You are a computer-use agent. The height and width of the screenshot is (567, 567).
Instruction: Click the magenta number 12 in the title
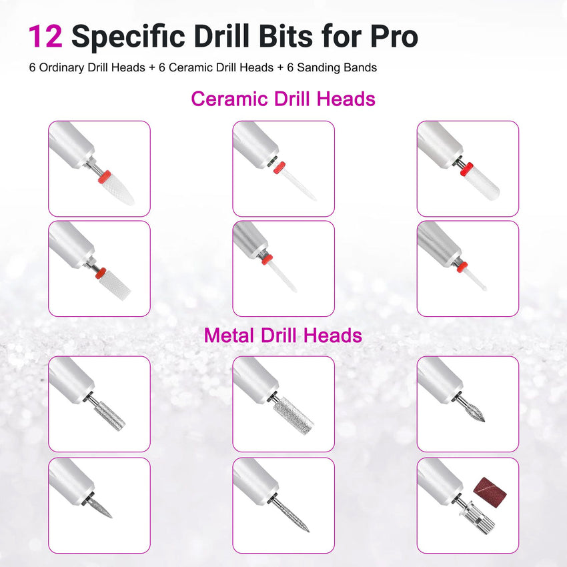[45, 36]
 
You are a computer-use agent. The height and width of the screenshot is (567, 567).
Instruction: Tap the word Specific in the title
[128, 36]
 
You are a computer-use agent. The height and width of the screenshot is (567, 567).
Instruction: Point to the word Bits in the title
[286, 36]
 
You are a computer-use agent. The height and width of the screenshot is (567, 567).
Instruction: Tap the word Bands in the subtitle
[360, 67]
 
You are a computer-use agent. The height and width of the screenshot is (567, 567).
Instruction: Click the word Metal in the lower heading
[229, 336]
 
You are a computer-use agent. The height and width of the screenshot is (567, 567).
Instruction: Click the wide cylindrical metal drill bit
[294, 416]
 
